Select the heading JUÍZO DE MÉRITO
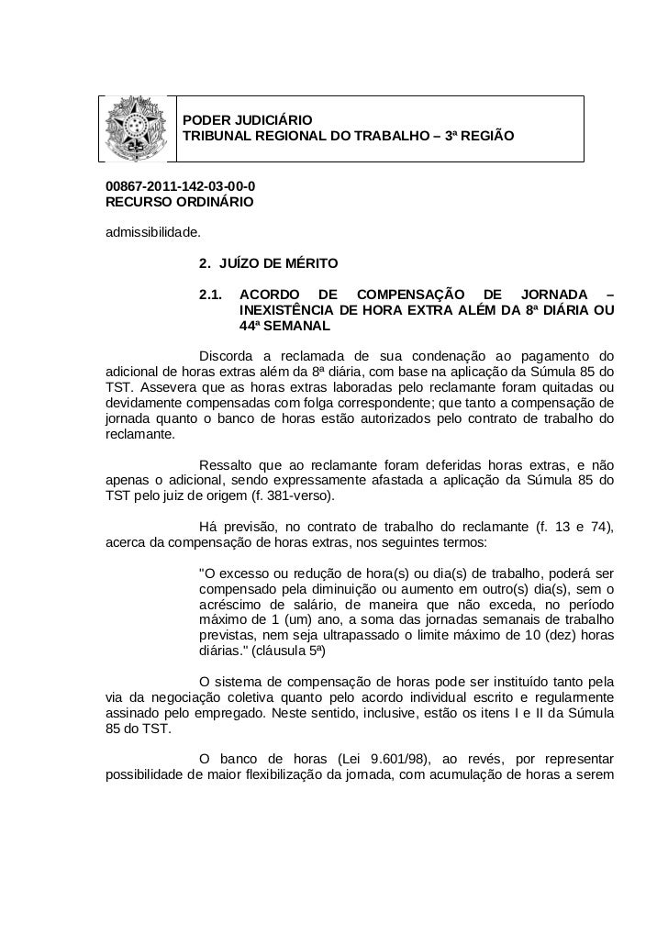pyautogui.click(x=273, y=264)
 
